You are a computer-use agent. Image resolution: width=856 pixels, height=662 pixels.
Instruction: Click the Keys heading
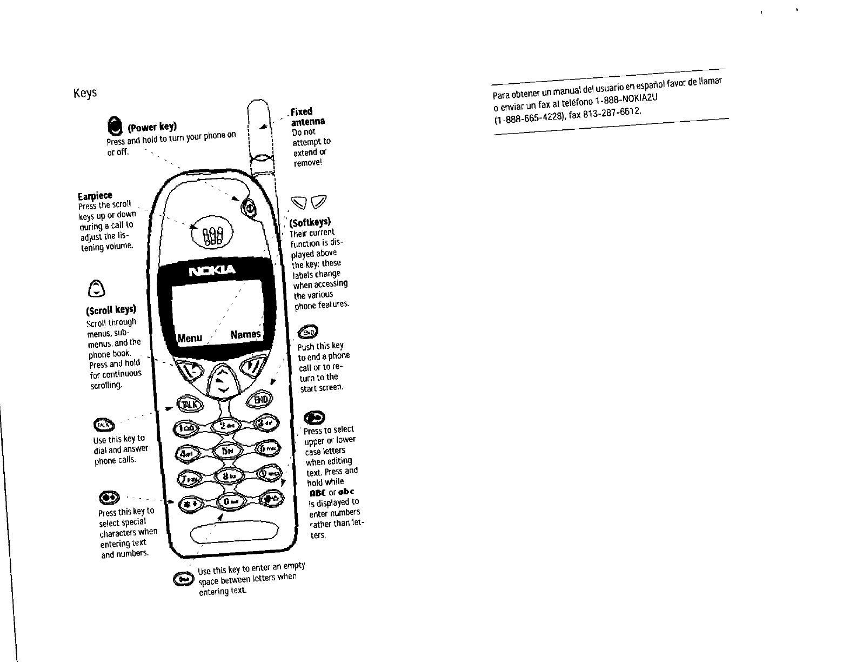coord(85,93)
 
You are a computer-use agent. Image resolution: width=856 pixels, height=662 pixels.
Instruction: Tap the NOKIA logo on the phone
coord(212,270)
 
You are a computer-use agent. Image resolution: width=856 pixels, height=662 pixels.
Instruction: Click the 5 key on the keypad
coord(228,450)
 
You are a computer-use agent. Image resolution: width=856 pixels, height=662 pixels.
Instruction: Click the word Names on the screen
coord(245,334)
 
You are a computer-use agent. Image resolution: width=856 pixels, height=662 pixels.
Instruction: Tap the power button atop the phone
coord(250,207)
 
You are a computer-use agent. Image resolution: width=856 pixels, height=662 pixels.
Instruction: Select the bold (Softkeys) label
coord(311,222)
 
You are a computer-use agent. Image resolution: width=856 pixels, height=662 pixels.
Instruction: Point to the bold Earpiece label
coord(95,195)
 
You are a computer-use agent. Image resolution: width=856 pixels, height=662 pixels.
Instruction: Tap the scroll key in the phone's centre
coord(222,380)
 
